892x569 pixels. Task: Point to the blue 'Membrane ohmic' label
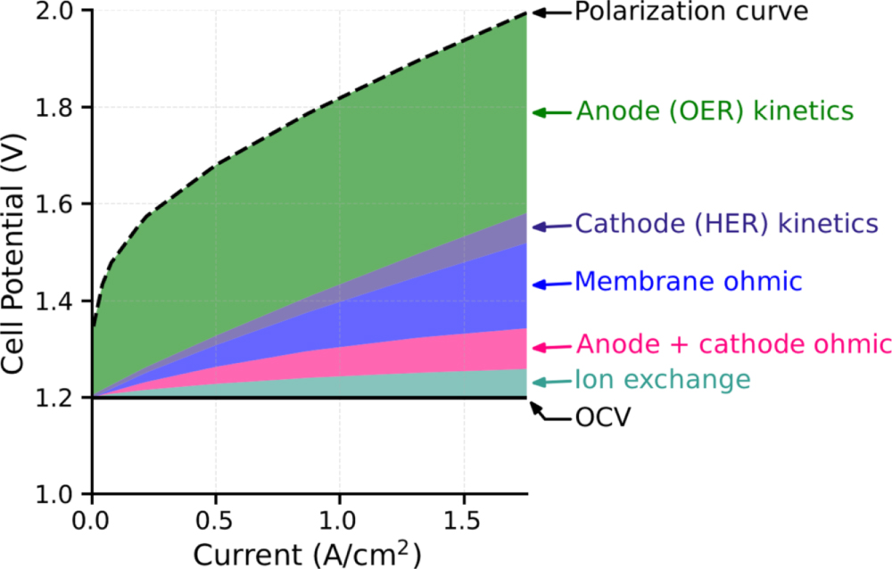(689, 283)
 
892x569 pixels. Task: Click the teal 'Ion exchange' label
(663, 380)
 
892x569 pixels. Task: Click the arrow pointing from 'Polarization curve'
(551, 12)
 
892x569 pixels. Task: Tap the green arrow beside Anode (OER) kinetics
(551, 112)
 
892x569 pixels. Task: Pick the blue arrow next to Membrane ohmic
(551, 285)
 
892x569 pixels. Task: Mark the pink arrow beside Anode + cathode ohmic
(551, 347)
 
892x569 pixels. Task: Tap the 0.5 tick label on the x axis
(215, 519)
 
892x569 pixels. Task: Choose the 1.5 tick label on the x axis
(463, 519)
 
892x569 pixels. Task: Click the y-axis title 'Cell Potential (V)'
(16, 252)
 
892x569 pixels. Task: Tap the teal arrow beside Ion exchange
(551, 382)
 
